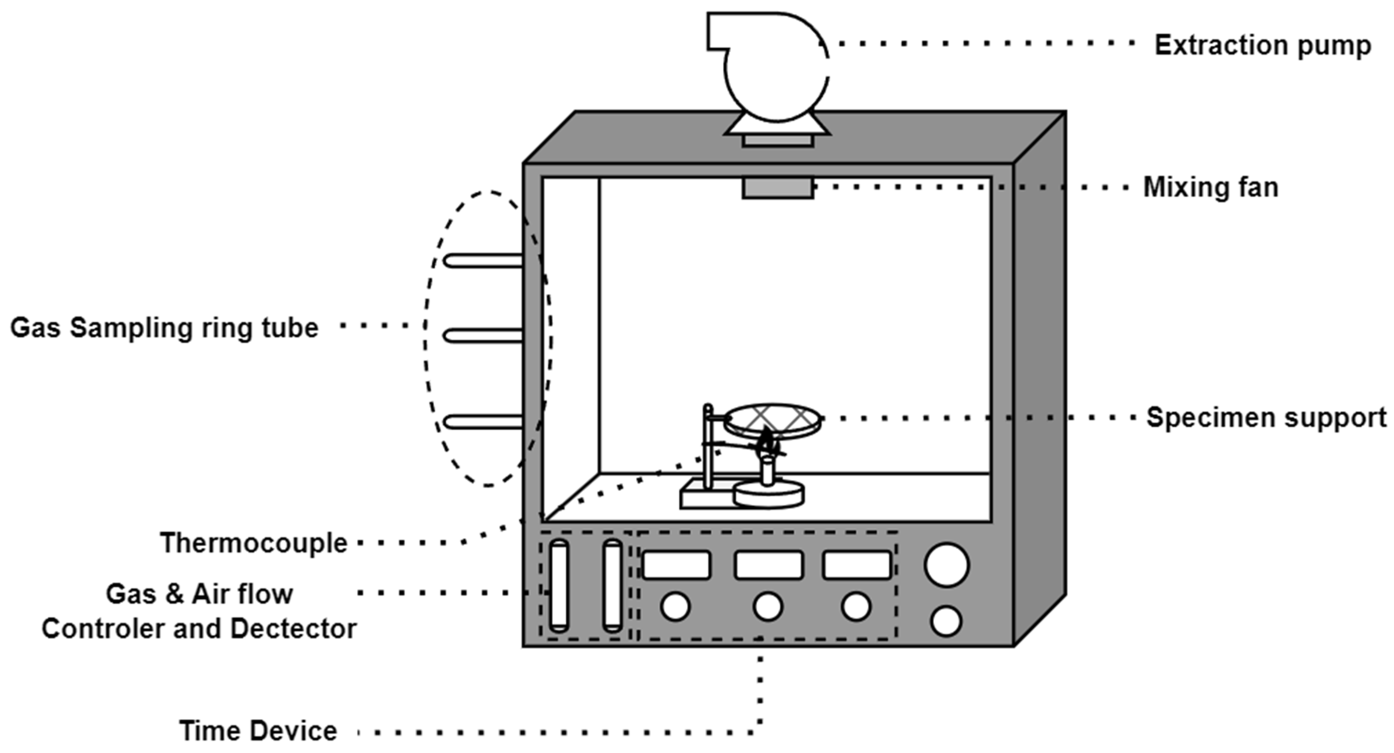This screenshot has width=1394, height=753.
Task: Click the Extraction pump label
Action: click(x=1262, y=46)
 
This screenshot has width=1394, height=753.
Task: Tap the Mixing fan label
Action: click(x=1211, y=188)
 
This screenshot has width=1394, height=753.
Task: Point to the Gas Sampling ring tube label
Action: click(x=164, y=328)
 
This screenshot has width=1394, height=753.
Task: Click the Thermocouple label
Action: click(x=253, y=543)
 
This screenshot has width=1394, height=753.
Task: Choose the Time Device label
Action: click(x=258, y=731)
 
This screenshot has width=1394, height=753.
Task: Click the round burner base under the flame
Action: click(x=768, y=495)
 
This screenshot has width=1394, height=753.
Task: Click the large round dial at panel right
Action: click(x=947, y=565)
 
